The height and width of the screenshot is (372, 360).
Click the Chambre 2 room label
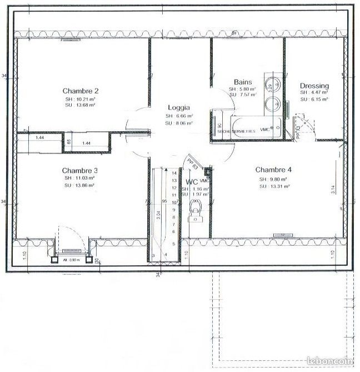point(81,91)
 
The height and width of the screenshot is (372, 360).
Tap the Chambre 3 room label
point(81,170)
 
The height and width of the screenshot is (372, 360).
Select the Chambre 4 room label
point(273,170)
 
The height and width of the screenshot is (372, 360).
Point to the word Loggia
point(179,108)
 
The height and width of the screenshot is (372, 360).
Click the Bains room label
point(243,82)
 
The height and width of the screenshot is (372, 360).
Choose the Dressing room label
point(314,86)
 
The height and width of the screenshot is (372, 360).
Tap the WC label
point(192,182)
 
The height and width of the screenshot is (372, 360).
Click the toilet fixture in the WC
point(195,211)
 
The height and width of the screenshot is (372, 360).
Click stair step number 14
point(174,173)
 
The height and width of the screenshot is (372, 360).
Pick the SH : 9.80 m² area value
point(272,179)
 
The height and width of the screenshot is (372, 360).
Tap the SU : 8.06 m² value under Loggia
point(179,123)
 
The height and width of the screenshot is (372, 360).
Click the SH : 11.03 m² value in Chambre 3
point(80,178)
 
